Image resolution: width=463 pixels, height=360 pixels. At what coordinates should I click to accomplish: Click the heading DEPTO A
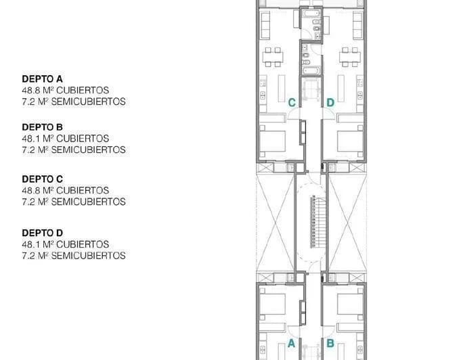pyautogui.click(x=42, y=79)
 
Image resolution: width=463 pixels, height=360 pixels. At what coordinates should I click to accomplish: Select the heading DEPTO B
pyautogui.click(x=42, y=127)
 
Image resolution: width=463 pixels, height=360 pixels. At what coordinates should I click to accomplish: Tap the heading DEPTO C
pyautogui.click(x=42, y=179)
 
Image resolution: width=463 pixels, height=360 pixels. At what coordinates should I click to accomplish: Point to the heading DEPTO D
pyautogui.click(x=42, y=233)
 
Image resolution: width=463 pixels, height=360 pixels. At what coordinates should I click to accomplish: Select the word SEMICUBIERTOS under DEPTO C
pyautogui.click(x=89, y=202)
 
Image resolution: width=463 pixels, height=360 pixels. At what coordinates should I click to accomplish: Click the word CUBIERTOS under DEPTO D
pyautogui.click(x=83, y=244)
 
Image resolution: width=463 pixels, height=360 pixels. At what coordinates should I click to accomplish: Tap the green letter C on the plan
pyautogui.click(x=292, y=103)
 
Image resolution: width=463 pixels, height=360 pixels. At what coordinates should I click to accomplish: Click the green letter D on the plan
pyautogui.click(x=330, y=103)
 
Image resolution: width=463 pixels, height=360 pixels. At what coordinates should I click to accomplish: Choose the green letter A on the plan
pyautogui.click(x=292, y=344)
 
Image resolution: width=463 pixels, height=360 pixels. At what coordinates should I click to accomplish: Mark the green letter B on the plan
pyautogui.click(x=330, y=344)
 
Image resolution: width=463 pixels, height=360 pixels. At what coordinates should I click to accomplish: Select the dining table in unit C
pyautogui.click(x=273, y=57)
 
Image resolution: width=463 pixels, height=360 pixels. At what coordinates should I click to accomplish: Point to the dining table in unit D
pyautogui.click(x=350, y=57)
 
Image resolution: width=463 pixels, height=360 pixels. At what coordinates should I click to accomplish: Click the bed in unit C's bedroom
pyautogui.click(x=272, y=141)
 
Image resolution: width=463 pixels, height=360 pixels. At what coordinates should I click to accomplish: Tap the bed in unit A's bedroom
pyautogui.click(x=272, y=305)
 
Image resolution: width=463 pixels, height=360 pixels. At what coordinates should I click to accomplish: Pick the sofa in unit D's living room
pyautogui.click(x=358, y=25)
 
